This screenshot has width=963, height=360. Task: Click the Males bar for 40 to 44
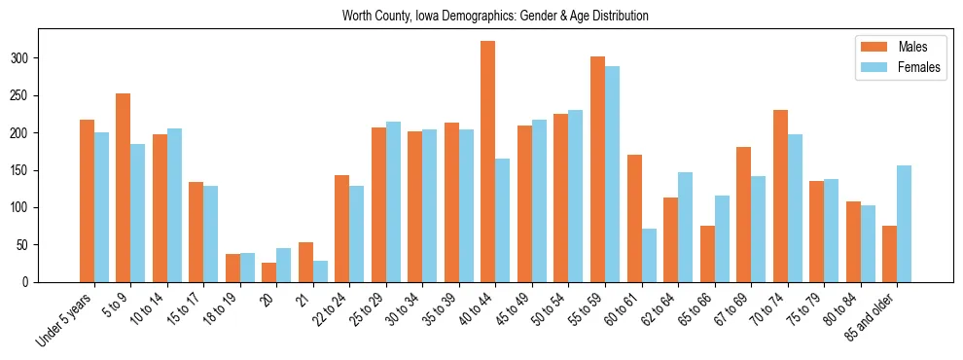488,162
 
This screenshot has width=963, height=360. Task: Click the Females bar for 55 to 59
612,174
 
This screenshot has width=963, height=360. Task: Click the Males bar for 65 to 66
707,254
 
